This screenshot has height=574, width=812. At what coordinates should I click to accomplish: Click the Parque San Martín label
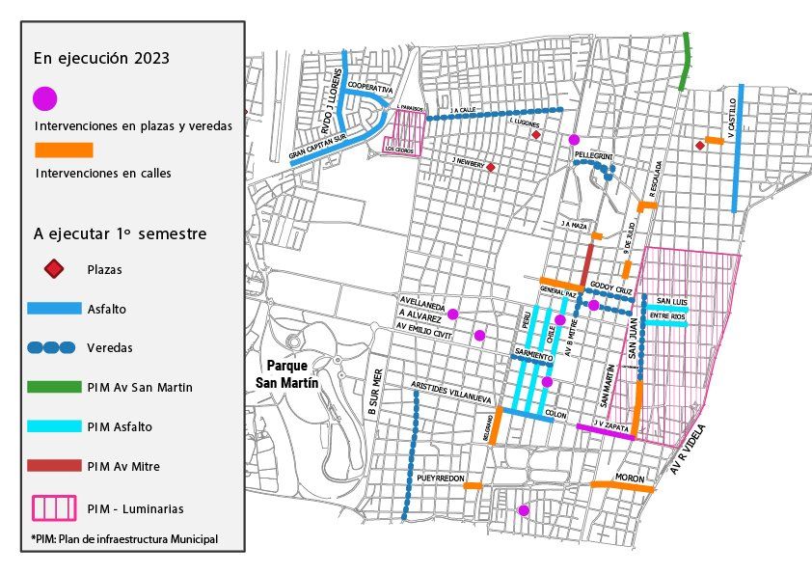(x=292, y=374)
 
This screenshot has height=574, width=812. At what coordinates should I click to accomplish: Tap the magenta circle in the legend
(x=45, y=98)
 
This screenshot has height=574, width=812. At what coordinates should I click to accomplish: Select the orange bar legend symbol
(x=64, y=150)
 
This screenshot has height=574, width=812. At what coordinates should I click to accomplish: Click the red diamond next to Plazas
(x=55, y=269)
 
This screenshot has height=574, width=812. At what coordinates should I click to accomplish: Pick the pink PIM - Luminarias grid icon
(x=55, y=506)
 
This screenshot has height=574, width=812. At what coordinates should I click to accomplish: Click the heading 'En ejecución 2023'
(x=101, y=58)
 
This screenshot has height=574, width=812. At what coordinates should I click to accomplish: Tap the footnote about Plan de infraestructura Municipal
(x=123, y=537)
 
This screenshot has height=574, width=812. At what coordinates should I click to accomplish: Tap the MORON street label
(x=631, y=479)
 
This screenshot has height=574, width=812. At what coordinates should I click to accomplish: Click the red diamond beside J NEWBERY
(x=491, y=168)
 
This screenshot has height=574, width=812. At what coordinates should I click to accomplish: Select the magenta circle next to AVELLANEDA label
(x=452, y=313)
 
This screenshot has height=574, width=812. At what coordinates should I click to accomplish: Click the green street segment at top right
(x=686, y=60)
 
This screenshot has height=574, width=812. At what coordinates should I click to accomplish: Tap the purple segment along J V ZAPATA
(x=605, y=431)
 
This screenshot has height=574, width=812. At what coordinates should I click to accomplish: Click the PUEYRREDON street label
(x=442, y=478)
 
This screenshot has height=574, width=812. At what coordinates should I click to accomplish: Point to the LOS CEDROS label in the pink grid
(x=399, y=150)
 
